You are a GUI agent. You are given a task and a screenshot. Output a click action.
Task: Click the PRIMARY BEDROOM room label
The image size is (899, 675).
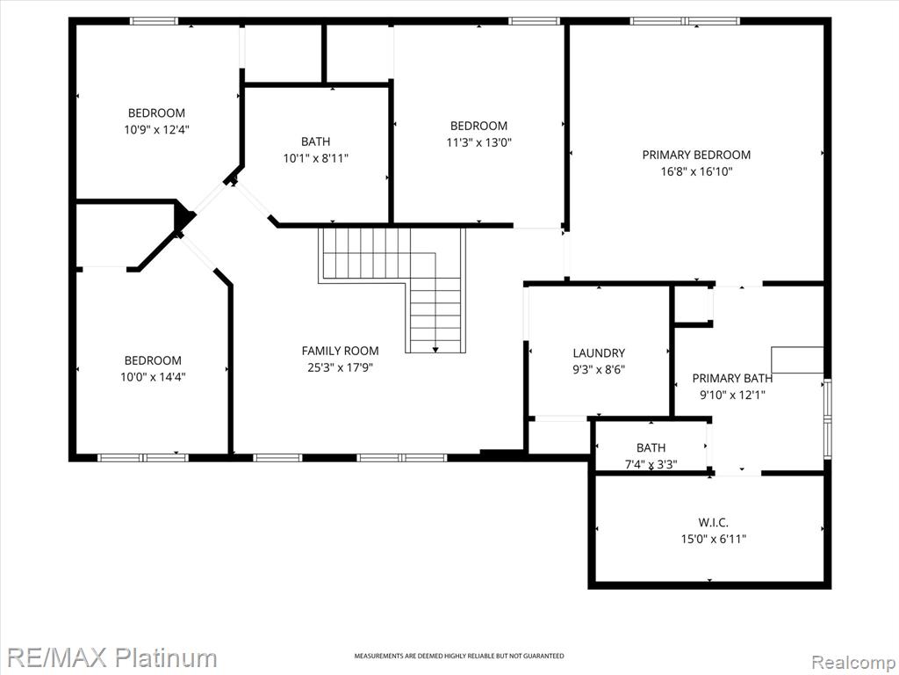696,155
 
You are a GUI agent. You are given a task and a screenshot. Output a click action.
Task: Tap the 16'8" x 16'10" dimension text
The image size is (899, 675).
696,171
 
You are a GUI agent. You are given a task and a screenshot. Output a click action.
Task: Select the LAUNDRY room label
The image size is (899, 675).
599,353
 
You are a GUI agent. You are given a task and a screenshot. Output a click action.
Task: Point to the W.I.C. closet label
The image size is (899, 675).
713,523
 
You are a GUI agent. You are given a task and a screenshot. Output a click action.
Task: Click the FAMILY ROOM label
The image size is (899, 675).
340,351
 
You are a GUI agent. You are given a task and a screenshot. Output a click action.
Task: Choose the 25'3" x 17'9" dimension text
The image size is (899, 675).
340,367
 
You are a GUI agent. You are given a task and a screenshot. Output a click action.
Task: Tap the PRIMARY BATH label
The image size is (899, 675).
732,378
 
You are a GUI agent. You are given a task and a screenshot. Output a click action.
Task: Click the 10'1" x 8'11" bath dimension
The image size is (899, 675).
315,158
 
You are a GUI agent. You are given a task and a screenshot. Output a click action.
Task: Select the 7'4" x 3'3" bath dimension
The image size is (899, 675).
651,464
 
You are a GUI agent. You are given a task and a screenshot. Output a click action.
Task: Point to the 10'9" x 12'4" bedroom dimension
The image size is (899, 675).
156,130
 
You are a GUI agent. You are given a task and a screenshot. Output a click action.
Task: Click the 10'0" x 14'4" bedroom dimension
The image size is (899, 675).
153,377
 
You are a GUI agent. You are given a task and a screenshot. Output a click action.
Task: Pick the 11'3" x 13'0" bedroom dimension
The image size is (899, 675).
478,142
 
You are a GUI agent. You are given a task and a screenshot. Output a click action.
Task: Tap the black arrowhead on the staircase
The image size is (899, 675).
435,349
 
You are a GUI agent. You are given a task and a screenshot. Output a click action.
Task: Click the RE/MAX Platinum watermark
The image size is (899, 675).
112,657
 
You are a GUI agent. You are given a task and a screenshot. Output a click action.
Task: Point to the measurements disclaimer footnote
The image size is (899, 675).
458,656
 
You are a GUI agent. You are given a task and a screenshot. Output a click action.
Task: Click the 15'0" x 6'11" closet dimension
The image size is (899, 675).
713,540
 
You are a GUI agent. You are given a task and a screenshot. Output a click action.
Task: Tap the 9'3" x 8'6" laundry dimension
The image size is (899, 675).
599,370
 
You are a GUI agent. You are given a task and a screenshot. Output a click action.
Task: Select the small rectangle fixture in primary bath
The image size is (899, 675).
797,359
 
